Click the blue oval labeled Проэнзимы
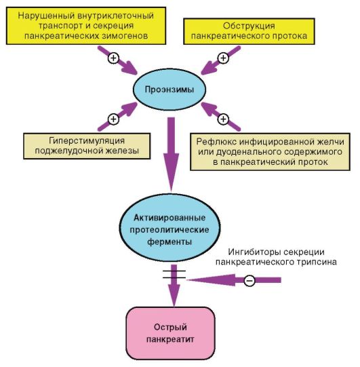click(169, 90)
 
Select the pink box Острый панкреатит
click(171, 333)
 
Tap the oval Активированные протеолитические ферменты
click(169, 228)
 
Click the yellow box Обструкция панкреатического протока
click(249, 31)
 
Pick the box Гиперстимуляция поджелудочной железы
click(87, 146)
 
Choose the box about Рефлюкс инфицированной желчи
click(271, 152)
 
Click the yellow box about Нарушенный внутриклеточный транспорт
click(86, 26)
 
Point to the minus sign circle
click(249, 280)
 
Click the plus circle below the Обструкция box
click(224, 58)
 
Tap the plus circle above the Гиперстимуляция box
click(113, 119)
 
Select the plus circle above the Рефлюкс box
click(224, 119)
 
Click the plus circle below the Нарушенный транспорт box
click(113, 58)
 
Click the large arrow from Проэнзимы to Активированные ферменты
click(172, 155)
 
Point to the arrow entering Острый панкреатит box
click(174, 286)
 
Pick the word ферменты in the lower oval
click(169, 242)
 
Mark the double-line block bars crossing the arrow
click(174, 274)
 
